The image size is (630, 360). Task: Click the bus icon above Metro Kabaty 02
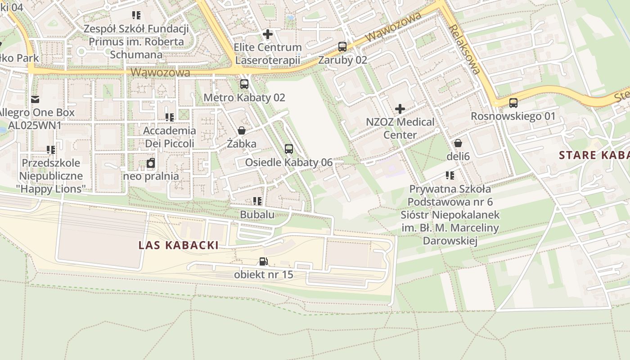pos(244,84)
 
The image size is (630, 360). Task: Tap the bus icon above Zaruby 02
pos(342,46)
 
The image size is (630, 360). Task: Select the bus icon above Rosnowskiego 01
pos(513,103)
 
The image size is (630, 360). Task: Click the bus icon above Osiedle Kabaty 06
pos(289,149)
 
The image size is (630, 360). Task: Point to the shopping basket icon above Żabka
pos(242,130)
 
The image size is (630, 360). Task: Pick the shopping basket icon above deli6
pos(458,143)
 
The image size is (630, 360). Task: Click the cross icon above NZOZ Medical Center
pos(400,109)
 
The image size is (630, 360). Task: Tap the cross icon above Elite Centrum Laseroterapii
pos(268,34)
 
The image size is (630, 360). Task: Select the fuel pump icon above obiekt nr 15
pos(263,261)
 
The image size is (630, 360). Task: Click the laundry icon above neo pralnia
pos(151,163)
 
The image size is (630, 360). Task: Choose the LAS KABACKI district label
pos(179,245)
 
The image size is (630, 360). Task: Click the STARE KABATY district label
pos(594,155)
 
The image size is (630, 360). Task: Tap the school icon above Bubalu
pos(257,201)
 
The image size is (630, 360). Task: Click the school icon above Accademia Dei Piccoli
pos(170,117)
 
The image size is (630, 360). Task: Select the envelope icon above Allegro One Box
pos(35,99)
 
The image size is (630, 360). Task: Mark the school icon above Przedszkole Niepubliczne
pos(51,150)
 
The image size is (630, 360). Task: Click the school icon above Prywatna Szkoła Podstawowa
pos(450,175)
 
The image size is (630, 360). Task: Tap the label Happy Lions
pos(54,189)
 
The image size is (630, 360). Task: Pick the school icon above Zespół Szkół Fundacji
pos(136,15)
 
